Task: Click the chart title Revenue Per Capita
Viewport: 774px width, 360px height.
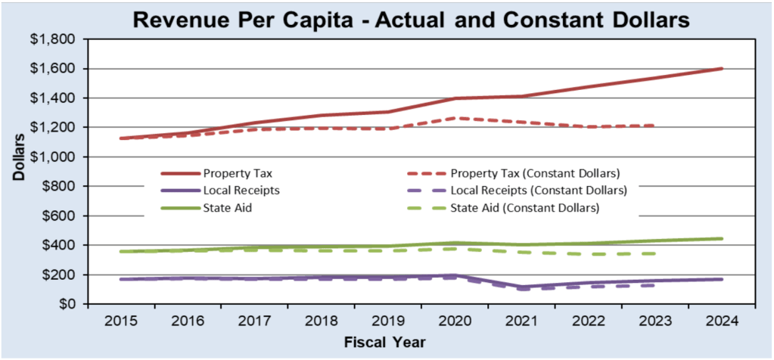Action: [x=411, y=20]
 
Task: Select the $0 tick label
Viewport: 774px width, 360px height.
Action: [x=71, y=304]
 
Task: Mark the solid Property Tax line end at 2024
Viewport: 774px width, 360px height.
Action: [x=722, y=69]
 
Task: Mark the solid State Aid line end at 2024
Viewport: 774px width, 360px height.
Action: [x=722, y=239]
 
